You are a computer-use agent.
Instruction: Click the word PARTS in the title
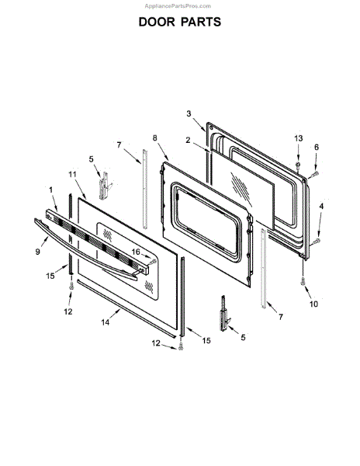201,22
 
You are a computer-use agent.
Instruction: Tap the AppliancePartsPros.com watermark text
178,6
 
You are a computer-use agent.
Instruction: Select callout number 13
298,138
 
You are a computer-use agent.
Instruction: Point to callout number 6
317,147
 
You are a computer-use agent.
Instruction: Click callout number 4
321,207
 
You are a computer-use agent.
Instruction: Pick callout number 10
313,304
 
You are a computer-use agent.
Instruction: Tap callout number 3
189,113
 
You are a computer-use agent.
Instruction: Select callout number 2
188,140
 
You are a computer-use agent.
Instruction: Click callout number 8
155,138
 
